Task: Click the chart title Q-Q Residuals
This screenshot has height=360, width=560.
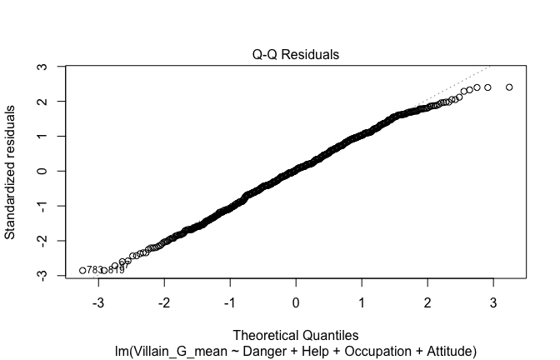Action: click(x=296, y=55)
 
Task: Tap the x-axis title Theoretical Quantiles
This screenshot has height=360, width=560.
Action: click(x=296, y=335)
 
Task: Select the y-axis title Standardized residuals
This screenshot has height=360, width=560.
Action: click(x=11, y=171)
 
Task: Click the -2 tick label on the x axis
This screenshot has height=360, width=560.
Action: click(x=164, y=300)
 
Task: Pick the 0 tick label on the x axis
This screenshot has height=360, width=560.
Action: click(x=296, y=300)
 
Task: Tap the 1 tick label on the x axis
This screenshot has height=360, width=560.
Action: click(x=362, y=300)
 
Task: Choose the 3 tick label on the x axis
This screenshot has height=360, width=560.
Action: click(x=492, y=300)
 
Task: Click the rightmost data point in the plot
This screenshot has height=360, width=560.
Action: click(x=509, y=87)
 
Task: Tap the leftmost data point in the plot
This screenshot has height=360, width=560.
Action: click(x=82, y=270)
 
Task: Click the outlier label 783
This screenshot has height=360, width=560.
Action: click(x=94, y=270)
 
